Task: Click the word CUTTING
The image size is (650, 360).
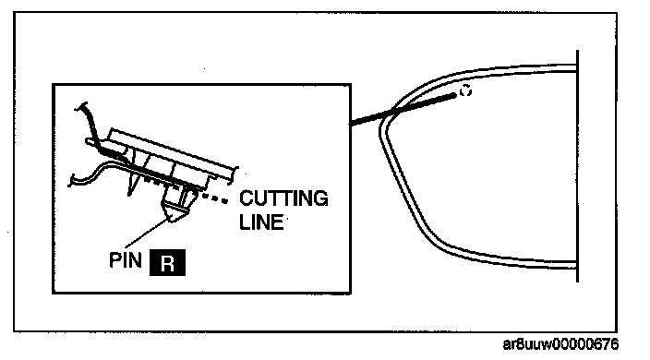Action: click(283, 198)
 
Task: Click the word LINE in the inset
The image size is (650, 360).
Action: click(261, 222)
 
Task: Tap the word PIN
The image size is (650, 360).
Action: click(126, 260)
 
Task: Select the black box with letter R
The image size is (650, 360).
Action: click(167, 263)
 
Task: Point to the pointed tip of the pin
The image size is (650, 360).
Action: click(171, 221)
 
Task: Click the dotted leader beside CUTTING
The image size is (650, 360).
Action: click(213, 198)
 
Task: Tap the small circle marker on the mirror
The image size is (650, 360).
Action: click(466, 90)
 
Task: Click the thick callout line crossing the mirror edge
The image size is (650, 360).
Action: click(403, 109)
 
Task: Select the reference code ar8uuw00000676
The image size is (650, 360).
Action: click(560, 344)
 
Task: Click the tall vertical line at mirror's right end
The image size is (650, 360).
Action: click(577, 166)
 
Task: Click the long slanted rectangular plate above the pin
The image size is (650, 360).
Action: click(172, 154)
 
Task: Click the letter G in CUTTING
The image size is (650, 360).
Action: click(319, 198)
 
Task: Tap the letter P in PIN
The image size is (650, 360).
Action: click(114, 260)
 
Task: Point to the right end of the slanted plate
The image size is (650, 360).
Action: click(235, 174)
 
